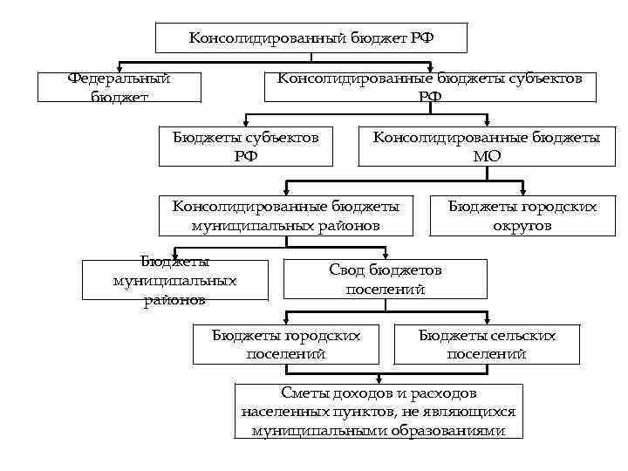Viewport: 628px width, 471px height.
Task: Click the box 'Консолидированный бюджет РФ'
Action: [311, 38]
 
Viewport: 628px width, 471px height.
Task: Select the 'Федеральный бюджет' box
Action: [119, 87]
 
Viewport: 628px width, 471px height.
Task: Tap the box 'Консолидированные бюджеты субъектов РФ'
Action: [430, 87]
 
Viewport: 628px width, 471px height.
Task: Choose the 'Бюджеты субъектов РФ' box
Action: [246, 147]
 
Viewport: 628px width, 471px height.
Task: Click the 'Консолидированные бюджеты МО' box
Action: [487, 147]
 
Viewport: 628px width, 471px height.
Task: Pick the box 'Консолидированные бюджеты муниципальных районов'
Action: [286, 216]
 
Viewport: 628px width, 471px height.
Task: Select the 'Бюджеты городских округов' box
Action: [522, 216]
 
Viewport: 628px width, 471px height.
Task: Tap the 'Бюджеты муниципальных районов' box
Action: [174, 281]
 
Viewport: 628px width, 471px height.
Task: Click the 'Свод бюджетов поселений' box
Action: [386, 280]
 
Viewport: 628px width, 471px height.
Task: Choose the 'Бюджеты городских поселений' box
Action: [287, 345]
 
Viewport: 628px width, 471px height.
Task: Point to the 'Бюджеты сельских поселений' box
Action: [487, 345]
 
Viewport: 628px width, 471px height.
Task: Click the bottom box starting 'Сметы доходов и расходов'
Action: [379, 412]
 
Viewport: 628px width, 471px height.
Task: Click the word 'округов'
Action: [522, 226]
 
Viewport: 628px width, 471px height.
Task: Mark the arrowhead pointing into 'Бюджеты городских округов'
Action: [522, 191]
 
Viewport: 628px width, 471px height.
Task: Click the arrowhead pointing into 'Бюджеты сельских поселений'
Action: [487, 319]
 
